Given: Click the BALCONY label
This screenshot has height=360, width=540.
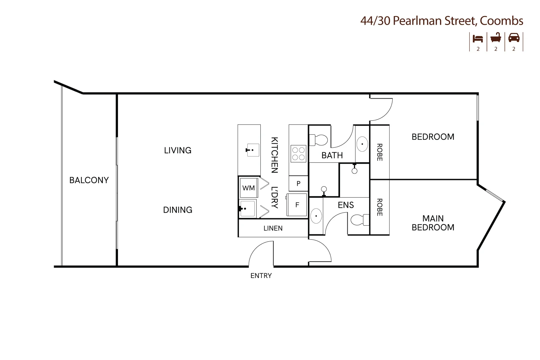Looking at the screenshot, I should tap(89, 180).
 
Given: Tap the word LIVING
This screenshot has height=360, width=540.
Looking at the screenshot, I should tap(178, 150).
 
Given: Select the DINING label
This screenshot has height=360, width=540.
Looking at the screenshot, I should tap(178, 210).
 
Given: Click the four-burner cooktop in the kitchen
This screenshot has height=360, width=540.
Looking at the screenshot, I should tap(298, 154).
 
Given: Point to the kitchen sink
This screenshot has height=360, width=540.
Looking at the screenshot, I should tap(253, 150).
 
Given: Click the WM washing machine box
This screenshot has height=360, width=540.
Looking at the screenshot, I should tap(249, 188).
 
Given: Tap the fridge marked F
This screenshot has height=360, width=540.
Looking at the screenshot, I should tap(297, 205).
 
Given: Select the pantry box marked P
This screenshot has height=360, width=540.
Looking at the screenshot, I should tap(298, 183).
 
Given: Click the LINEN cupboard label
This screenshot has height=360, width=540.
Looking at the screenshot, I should tap(273, 228).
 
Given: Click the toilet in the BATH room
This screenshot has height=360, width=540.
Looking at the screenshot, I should tap(318, 140).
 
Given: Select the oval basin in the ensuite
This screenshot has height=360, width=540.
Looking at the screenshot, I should tap(316, 216).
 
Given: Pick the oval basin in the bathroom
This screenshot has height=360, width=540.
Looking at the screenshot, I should tap(362, 144).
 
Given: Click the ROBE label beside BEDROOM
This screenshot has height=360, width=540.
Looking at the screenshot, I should tap(379, 152).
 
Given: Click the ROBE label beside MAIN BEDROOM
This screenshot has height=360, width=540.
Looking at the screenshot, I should tap(379, 207).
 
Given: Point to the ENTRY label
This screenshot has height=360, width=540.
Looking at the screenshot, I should tap(261, 276).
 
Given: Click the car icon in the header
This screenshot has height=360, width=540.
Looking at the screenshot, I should tap(514, 38).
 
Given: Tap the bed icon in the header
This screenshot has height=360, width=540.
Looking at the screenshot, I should tap(478, 38).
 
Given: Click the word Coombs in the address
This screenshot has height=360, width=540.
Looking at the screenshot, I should tap(501, 21).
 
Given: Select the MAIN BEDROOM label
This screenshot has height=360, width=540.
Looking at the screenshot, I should tap(433, 223).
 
